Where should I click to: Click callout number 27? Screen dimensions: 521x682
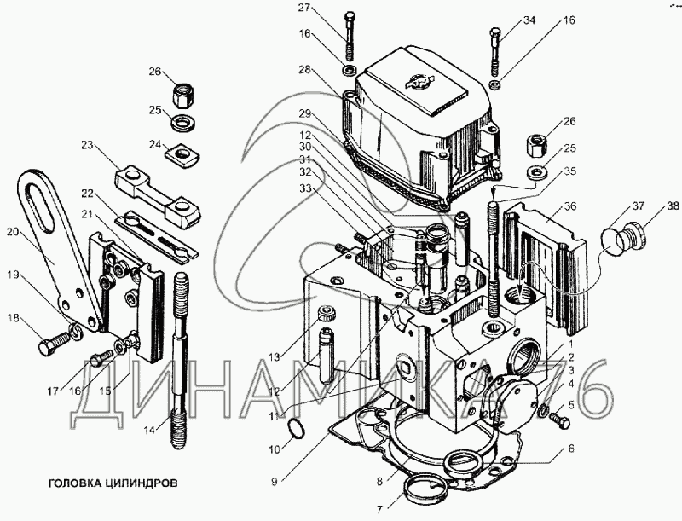click(x=304, y=9)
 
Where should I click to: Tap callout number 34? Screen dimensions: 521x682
click(x=529, y=20)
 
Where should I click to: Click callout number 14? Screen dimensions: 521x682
click(x=150, y=431)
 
